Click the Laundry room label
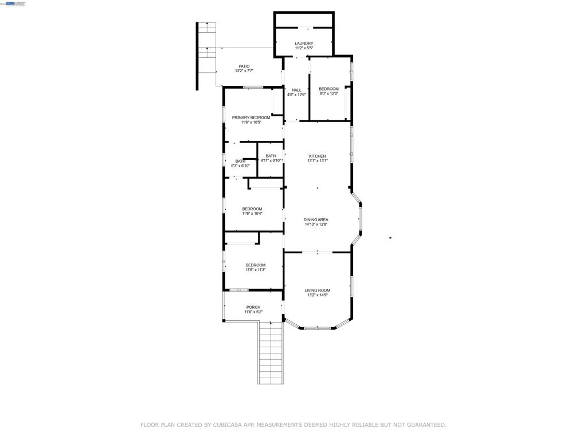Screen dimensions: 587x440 [x=304, y=44]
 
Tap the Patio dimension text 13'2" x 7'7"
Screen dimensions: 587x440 [x=244, y=70]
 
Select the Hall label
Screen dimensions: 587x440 [x=296, y=90]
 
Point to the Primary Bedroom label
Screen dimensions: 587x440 [x=251, y=117]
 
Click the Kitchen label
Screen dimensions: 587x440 [x=317, y=156]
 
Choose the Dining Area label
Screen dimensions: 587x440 [x=316, y=219]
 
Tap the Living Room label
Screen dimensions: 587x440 [x=317, y=290]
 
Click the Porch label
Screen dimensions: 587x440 [x=253, y=307]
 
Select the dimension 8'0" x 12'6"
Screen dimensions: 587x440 [x=328, y=93]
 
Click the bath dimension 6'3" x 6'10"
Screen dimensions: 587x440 [x=240, y=166]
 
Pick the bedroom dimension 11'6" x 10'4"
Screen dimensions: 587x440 [x=252, y=214]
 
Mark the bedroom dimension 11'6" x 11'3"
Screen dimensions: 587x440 [x=256, y=270]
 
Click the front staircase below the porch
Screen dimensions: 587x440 [x=271, y=353]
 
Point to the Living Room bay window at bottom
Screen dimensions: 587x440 [x=318, y=328]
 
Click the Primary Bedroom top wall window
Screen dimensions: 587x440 [x=253, y=88]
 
